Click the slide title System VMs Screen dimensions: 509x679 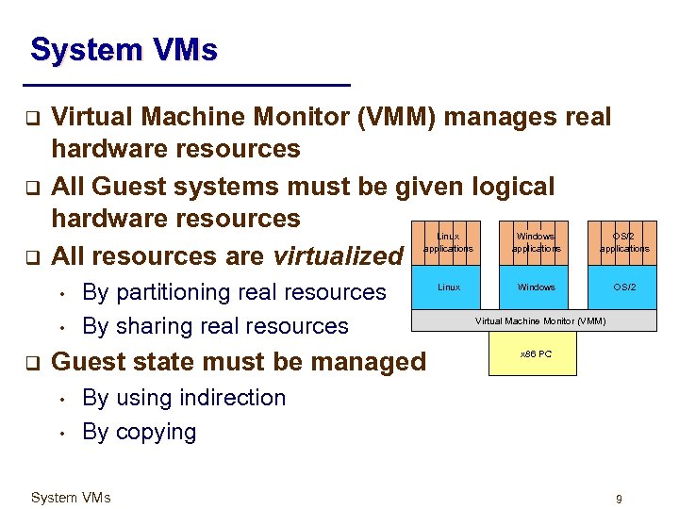point(124,49)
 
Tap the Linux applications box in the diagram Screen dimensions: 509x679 point(449,242)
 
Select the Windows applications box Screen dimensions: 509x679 point(536,242)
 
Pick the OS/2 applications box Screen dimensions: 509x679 point(623,242)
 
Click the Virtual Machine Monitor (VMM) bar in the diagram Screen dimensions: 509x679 point(539,320)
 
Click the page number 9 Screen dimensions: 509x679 point(619,498)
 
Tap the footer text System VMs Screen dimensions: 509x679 point(71,498)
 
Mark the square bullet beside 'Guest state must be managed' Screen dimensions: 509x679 point(30,362)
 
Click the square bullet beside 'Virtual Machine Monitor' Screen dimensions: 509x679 point(30,118)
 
